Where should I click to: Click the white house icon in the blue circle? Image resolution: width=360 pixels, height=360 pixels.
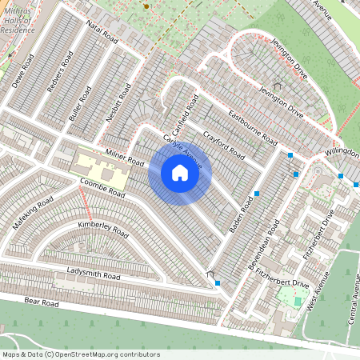pos(180,173)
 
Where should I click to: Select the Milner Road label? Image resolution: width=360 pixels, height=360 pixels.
pos(123,158)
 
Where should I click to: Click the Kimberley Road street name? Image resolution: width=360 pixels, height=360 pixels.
pos(103,226)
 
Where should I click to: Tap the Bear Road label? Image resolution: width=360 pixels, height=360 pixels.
pos(42,303)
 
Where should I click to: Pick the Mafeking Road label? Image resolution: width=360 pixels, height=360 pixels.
pos(32,213)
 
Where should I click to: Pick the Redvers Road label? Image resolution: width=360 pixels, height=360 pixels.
pos(60,77)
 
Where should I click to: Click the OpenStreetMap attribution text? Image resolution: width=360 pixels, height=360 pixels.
pos(81,354)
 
